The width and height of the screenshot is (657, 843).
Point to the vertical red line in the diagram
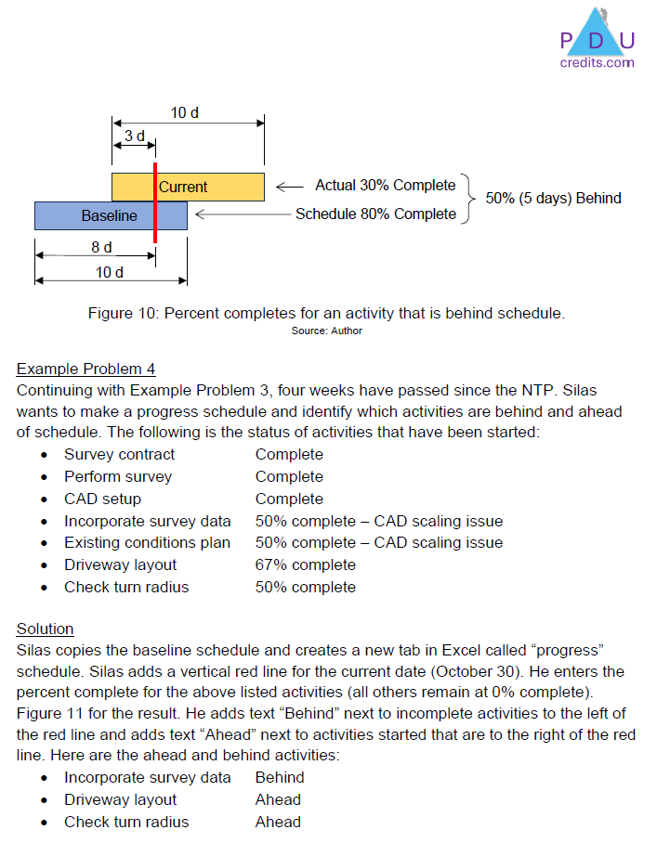pyautogui.click(x=155, y=223)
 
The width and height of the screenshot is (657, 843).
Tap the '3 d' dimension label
pyautogui.click(x=135, y=136)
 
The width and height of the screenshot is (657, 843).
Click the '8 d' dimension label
pyautogui.click(x=101, y=248)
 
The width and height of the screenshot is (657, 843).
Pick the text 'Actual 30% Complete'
pyautogui.click(x=386, y=186)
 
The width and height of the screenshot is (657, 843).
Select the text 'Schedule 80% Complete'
pyautogui.click(x=375, y=214)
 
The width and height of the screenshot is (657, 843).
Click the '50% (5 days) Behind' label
pyautogui.click(x=553, y=199)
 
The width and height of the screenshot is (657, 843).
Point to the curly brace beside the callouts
pyautogui.click(x=470, y=199)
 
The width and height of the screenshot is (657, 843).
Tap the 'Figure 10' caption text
pyautogui.click(x=326, y=314)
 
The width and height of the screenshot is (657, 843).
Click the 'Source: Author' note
pyautogui.click(x=326, y=331)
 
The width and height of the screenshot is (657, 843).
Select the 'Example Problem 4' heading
pyautogui.click(x=85, y=370)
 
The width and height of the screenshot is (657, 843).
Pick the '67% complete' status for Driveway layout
pyautogui.click(x=305, y=564)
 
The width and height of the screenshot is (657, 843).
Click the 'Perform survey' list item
pyautogui.click(x=118, y=476)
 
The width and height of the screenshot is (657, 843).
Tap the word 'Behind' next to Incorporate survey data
pyautogui.click(x=280, y=777)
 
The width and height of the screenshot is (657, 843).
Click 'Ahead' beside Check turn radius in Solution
pyautogui.click(x=278, y=822)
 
